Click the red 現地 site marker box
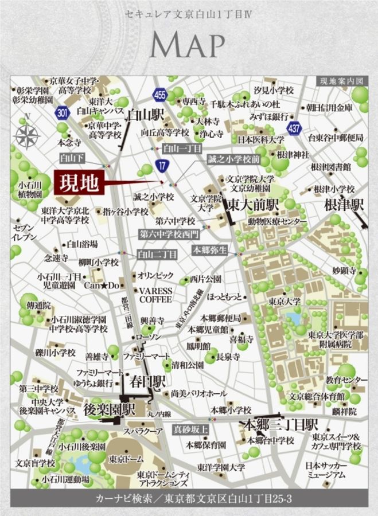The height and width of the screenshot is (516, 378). (79, 183)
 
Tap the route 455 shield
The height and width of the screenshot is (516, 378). (160, 95)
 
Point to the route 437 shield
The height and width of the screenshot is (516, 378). (294, 127)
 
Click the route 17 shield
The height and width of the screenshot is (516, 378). (162, 166)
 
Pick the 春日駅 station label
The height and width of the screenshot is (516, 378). (147, 380)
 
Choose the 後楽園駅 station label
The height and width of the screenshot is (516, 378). (108, 410)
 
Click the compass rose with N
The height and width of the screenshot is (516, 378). (26, 136)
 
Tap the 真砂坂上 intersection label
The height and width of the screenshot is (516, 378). (190, 428)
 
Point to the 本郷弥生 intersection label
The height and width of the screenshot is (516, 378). (211, 249)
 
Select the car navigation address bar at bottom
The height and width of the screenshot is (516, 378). (189, 499)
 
